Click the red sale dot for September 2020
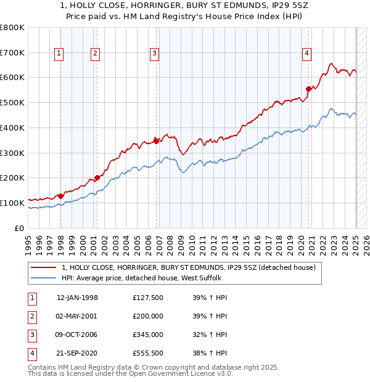(x=308, y=89)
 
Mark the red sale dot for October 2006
(x=157, y=141)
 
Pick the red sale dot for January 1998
(x=60, y=196)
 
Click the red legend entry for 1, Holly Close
(x=188, y=267)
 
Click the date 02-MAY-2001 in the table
(x=77, y=316)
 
